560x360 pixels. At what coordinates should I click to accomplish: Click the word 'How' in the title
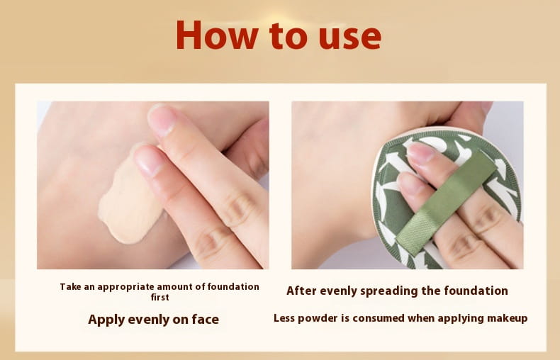click(217, 35)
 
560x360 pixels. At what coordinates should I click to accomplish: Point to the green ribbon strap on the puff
click(446, 202)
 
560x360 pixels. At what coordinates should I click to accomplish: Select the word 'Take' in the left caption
click(70, 287)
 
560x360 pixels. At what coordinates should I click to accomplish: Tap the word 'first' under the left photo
click(159, 297)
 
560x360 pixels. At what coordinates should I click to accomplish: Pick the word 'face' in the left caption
click(205, 319)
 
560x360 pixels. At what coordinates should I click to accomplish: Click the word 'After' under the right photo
click(301, 291)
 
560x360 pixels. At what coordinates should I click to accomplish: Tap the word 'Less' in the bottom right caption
click(284, 318)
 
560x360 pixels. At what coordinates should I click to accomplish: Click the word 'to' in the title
click(289, 36)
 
